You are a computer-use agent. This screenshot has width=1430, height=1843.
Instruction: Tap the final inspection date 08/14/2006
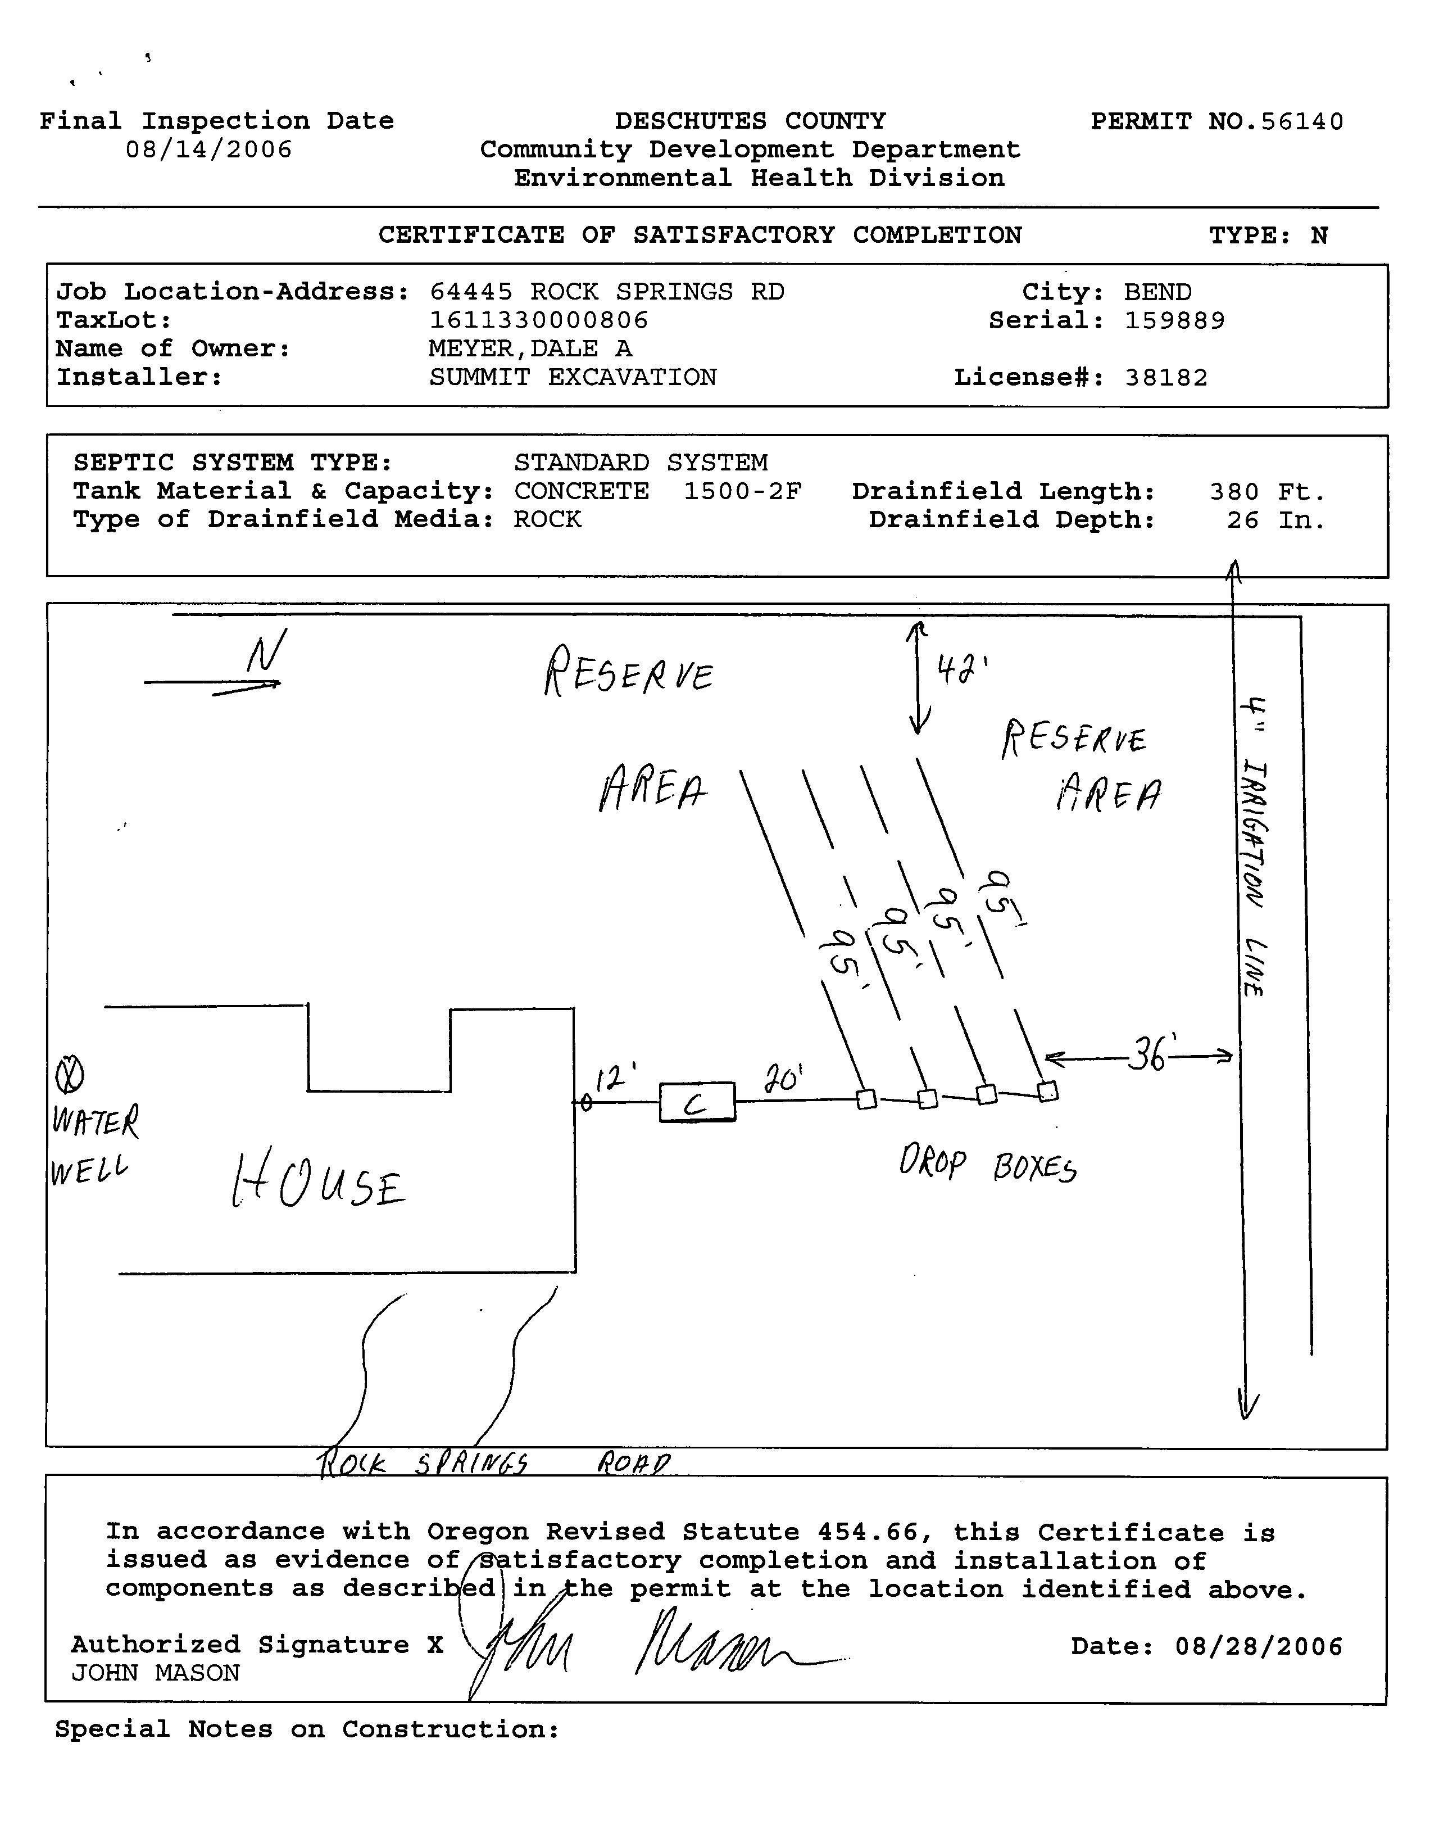[x=208, y=150]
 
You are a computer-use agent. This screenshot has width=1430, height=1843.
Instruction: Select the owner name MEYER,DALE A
[x=530, y=348]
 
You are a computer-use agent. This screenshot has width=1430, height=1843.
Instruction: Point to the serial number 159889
[x=1174, y=321]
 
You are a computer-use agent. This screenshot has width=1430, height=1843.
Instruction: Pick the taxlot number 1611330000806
[x=539, y=321]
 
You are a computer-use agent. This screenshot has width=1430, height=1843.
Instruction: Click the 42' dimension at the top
[x=962, y=671]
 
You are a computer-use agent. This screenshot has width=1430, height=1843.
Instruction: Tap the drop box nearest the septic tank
[x=866, y=1099]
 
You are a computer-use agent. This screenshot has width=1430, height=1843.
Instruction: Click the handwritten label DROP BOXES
[x=987, y=1165]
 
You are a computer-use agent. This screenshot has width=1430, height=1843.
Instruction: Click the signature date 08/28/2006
[x=1257, y=1646]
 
